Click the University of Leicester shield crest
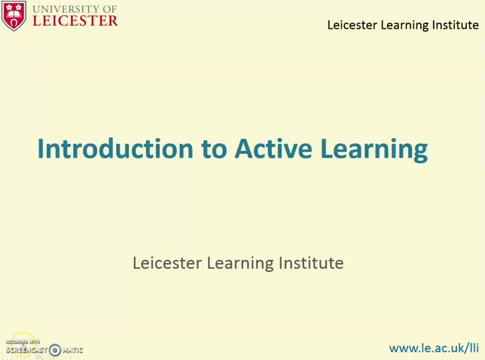14,15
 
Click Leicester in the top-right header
352,25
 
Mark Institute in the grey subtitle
311,263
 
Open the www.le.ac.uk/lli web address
433,348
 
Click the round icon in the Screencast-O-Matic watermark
54,349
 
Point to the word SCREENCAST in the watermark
26,350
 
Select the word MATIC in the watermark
72,350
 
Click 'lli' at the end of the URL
473,348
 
